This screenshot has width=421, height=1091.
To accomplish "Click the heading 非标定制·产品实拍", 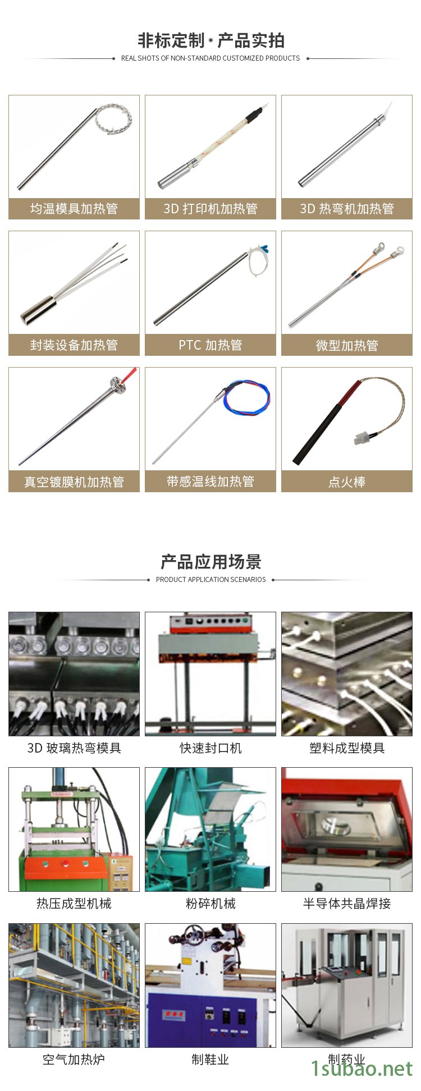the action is [x=210, y=40].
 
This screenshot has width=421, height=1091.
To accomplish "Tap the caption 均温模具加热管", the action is [x=74, y=209].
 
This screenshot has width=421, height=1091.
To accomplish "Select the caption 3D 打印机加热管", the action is [x=210, y=209].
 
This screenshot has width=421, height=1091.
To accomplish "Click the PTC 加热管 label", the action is [x=210, y=345].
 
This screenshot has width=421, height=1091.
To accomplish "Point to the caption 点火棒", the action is [x=347, y=482].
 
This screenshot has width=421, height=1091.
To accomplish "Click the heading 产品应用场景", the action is [x=210, y=562].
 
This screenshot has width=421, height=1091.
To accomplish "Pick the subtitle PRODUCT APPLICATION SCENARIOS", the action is [x=210, y=580].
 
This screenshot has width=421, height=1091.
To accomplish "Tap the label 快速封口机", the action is [x=210, y=748].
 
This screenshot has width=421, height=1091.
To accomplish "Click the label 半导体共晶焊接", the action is [x=347, y=904].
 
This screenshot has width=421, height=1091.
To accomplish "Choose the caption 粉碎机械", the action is [x=210, y=904].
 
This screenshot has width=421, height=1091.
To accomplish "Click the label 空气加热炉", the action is [x=74, y=1060].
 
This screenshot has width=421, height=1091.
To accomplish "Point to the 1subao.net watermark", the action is [x=362, y=1069].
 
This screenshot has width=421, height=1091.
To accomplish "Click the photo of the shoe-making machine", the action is [x=210, y=985].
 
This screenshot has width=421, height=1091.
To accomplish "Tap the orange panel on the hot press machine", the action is [x=66, y=868].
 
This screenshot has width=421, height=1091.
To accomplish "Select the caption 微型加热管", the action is [x=347, y=345].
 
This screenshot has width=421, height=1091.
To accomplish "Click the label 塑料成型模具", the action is [x=347, y=748].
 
